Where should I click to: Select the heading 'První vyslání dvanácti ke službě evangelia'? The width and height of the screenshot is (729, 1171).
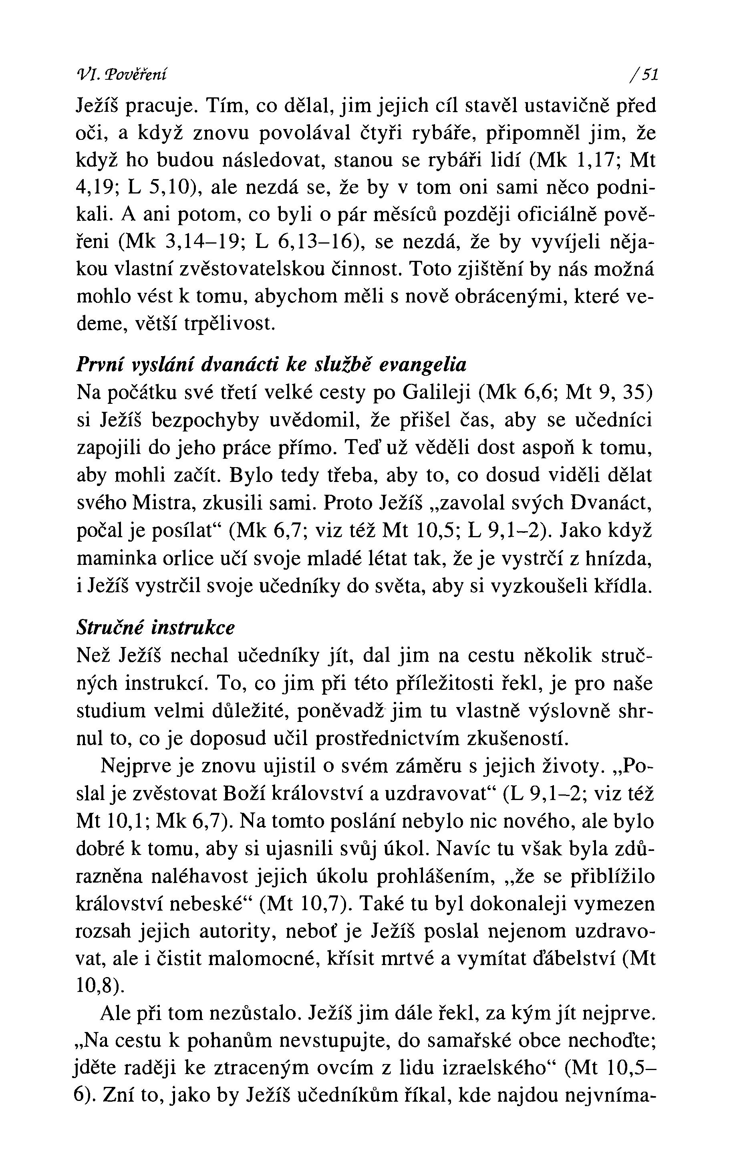[272, 365]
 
